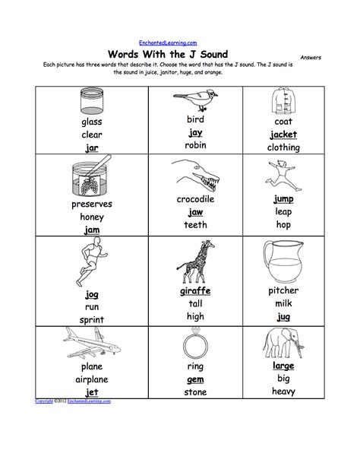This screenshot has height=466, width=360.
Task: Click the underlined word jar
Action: pos(91,147)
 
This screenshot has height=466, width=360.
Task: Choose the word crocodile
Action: pos(195,198)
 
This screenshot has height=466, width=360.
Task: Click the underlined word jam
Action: pos(91,229)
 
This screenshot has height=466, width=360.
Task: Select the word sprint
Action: pos(91,320)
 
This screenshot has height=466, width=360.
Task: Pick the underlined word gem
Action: pos(195,379)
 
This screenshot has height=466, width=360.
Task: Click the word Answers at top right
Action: pos(311,57)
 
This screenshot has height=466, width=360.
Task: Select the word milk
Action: pos(283,303)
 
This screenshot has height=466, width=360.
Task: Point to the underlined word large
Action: pos(283,366)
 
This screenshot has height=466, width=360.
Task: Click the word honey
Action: pos(91,216)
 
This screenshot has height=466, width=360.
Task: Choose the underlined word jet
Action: pos(91,392)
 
